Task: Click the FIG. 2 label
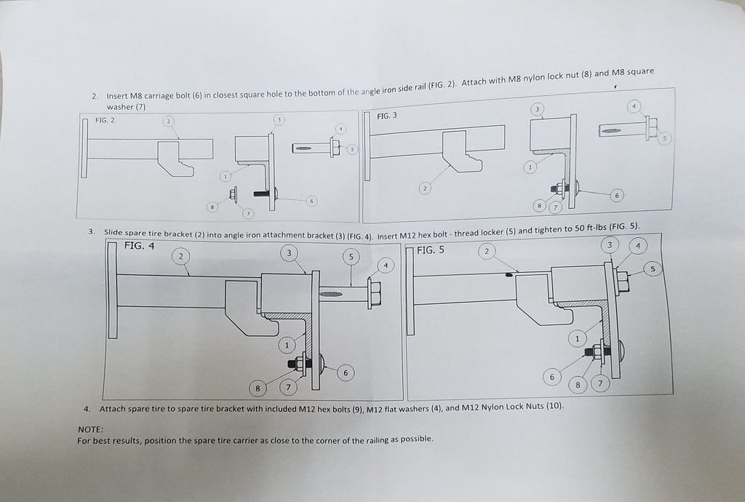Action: point(105,120)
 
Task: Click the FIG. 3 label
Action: point(387,116)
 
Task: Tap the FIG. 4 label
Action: point(139,246)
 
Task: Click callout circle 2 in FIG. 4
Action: point(180,255)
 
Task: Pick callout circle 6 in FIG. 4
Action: point(346,373)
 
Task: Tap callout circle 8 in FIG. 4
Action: point(258,389)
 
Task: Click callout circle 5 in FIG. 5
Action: point(653,269)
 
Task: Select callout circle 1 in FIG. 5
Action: point(578,338)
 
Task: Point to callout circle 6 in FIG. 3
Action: point(616,195)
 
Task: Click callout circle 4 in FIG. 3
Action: point(634,106)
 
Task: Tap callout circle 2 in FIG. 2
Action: point(168,121)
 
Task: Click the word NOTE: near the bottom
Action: point(89,429)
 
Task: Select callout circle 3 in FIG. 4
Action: point(290,252)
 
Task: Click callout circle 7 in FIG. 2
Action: point(248,214)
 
